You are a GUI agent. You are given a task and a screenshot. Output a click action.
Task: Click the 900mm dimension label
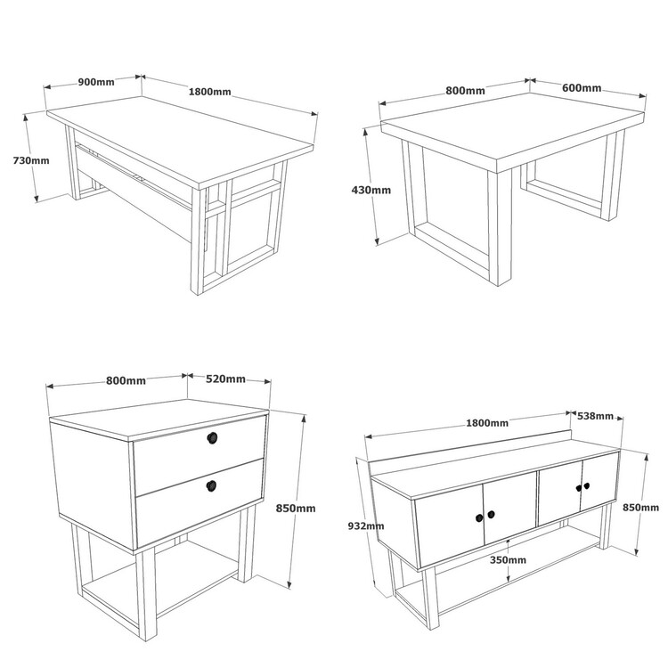tap(96, 82)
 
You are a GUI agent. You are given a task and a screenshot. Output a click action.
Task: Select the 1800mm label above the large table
tap(209, 92)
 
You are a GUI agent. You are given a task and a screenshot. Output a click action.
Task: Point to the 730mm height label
tap(31, 160)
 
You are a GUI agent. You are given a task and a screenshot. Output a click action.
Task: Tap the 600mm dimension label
tap(582, 88)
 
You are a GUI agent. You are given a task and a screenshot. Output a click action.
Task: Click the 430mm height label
tap(371, 190)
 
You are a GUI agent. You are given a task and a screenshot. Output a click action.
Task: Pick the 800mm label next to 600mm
tap(465, 91)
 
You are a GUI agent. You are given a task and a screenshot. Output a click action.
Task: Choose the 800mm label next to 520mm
tap(126, 380)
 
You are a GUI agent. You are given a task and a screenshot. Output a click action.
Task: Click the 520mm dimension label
tap(226, 379)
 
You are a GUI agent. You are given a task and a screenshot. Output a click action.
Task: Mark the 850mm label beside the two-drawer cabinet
tap(296, 509)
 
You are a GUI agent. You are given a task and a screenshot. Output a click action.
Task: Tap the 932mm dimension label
tap(366, 526)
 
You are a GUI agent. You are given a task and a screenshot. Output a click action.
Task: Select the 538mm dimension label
tap(595, 416)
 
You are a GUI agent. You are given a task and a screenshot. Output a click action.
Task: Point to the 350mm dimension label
tap(508, 560)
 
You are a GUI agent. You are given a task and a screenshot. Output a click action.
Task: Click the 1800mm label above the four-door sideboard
tap(487, 423)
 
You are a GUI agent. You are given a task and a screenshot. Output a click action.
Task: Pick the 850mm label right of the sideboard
tap(640, 508)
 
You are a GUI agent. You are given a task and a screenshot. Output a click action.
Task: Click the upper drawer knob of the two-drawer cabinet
tap(212, 438)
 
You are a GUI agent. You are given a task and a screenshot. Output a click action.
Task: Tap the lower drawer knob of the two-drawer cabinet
tap(211, 485)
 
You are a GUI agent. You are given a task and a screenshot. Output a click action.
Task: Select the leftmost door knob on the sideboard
tap(479, 517)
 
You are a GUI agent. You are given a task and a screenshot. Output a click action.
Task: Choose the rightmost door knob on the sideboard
tap(587, 485)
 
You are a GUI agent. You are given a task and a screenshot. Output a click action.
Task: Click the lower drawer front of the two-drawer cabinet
tap(200, 502)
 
